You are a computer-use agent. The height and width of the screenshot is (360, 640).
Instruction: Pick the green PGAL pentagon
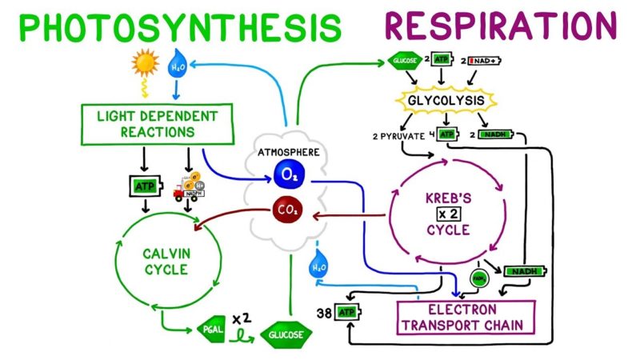[210, 328]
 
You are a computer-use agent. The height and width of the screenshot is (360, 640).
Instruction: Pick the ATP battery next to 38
[345, 311]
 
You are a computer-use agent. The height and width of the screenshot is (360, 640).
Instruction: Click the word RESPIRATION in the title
[501, 26]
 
